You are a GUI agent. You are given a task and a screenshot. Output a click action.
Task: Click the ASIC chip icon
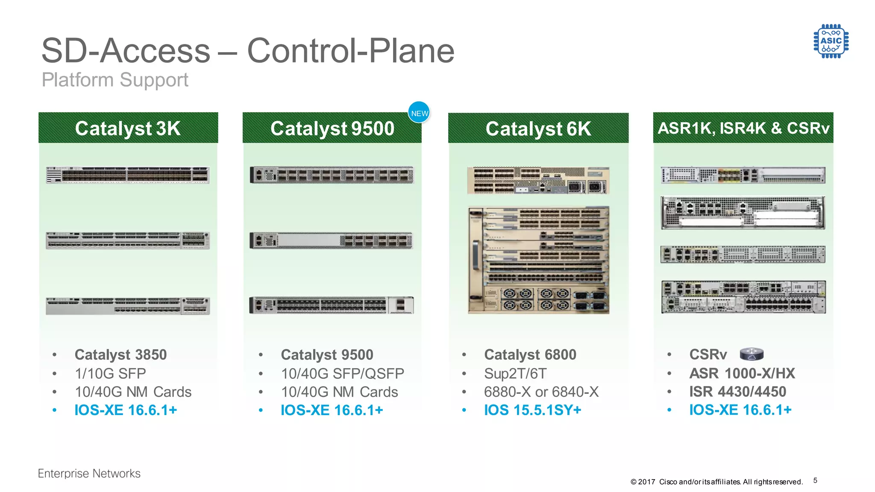(831, 41)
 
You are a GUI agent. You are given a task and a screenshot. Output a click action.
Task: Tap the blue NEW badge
(419, 113)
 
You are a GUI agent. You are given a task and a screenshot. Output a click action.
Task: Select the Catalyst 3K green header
(128, 128)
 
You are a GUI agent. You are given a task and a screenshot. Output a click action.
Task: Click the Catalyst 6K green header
(538, 128)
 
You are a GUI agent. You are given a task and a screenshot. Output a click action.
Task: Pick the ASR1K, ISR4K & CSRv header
(743, 128)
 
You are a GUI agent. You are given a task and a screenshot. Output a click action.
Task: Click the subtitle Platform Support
(115, 80)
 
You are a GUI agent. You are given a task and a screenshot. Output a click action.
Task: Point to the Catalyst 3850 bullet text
(120, 354)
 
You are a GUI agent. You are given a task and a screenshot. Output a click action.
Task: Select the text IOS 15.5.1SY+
(532, 410)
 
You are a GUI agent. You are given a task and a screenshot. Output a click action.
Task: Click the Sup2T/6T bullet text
(515, 374)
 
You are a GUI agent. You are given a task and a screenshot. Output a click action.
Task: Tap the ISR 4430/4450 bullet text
(737, 392)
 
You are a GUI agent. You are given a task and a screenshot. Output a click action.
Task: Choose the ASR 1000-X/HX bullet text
(742, 373)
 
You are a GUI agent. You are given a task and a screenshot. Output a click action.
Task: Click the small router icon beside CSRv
(752, 354)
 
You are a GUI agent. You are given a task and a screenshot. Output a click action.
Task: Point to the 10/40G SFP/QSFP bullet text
(342, 374)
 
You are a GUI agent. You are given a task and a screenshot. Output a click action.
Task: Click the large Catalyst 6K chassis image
(538, 260)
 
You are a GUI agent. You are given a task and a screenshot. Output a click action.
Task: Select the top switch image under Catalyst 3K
(128, 175)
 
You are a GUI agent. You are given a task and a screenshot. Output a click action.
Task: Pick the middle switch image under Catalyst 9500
(332, 241)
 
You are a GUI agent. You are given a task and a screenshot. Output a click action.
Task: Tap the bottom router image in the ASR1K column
(743, 297)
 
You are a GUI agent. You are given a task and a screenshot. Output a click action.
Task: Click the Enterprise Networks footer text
(89, 474)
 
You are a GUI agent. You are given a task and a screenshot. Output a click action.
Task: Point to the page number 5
(815, 480)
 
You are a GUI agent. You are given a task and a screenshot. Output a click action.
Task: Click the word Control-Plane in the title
(351, 51)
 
